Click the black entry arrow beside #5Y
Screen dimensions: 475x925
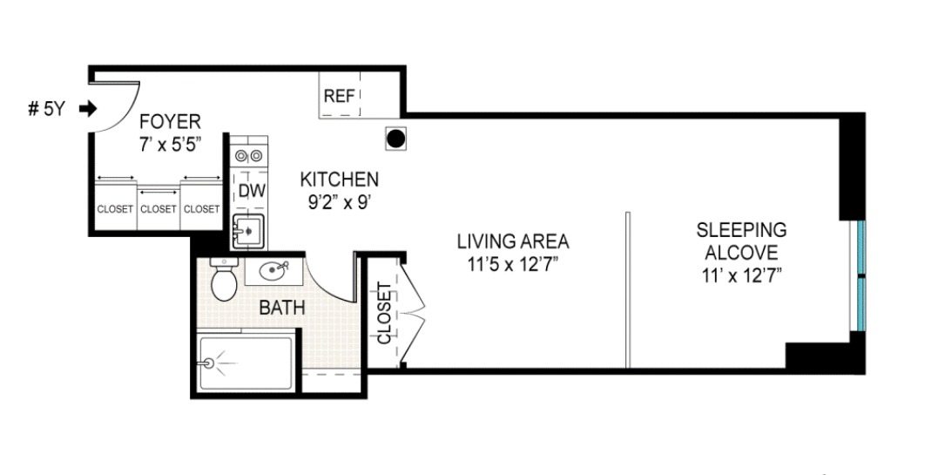[88, 109]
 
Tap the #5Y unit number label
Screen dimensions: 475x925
[46, 109]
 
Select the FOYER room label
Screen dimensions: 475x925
[171, 121]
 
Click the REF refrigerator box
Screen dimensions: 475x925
[340, 96]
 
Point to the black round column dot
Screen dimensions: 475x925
[395, 138]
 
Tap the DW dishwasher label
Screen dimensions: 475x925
[251, 190]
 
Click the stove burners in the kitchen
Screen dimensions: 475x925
[250, 156]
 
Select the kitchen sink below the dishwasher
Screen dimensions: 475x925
[249, 232]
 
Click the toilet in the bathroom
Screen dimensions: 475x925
[225, 280]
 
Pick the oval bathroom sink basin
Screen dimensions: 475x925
[274, 271]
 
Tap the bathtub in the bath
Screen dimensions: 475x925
[245, 361]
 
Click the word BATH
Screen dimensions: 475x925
[281, 307]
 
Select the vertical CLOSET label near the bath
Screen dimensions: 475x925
[383, 312]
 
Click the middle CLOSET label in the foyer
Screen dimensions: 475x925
[159, 209]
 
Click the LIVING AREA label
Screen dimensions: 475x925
[513, 241]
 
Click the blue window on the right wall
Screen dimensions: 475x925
[861, 275]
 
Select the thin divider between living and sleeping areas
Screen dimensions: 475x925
[626, 288]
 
